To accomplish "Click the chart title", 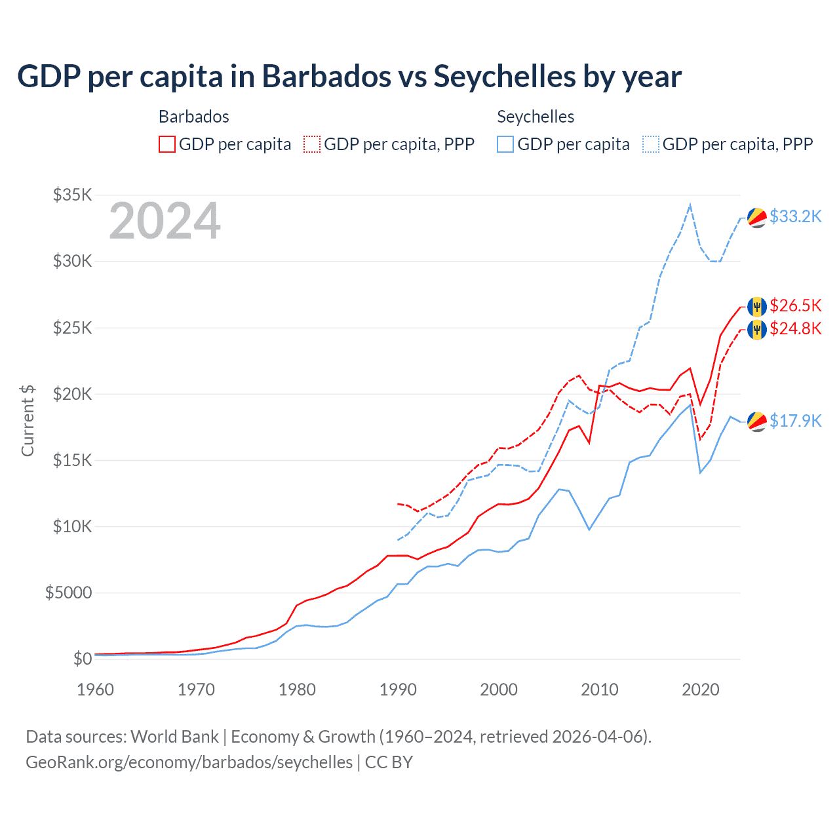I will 349,77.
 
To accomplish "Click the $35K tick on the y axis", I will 73,195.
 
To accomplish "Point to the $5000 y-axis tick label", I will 68,593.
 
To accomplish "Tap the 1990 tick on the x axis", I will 398,690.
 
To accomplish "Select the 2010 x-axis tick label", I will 600,690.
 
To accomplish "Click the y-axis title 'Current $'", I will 28,421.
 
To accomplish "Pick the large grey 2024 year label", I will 165,222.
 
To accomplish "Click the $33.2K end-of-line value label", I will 795,216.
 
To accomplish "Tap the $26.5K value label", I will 795,305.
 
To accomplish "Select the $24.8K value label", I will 795,328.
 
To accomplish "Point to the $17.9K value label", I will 795,421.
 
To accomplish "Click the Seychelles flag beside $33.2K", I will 757,218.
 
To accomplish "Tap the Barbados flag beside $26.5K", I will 757,306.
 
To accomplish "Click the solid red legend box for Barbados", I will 167,144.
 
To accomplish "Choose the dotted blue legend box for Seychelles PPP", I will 651,144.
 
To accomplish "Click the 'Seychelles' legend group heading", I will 536,117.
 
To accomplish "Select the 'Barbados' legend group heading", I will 194,117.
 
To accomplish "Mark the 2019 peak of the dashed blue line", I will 690,205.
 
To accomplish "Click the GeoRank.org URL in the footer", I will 189,762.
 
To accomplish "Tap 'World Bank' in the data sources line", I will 174,737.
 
